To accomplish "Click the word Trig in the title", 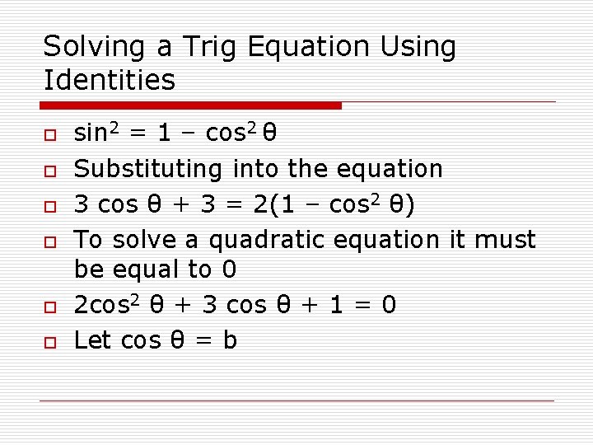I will [215, 47].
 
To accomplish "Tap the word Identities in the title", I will [110, 80].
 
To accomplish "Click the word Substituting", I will [148, 169].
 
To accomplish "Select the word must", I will [505, 240].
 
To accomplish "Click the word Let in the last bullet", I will [93, 340].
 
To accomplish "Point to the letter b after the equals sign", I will [229, 340].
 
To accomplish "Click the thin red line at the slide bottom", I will [296, 400].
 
